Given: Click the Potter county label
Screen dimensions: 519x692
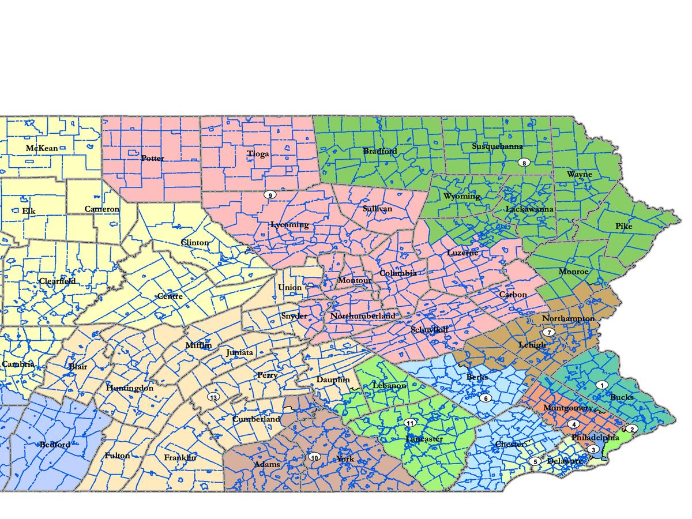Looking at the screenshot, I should point(153,158).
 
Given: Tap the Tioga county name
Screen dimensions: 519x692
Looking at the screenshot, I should point(258,154).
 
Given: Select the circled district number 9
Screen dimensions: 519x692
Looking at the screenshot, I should point(270,195).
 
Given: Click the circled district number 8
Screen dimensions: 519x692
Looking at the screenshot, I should point(524,163).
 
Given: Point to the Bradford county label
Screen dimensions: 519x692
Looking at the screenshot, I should point(380,152).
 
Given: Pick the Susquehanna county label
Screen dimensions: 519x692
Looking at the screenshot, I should point(497,146).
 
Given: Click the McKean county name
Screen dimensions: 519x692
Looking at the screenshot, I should point(42,148).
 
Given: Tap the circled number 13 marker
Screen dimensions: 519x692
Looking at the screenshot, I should point(213,397).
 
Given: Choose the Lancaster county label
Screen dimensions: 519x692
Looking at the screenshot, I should point(424,439).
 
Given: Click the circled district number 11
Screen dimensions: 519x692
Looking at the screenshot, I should point(410,423).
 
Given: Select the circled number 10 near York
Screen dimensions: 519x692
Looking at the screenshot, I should point(314,457).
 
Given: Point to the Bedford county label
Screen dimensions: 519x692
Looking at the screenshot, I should point(55,445).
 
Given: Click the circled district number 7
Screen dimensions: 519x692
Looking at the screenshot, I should point(548,332).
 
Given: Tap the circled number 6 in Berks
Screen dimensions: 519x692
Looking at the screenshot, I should point(486,398).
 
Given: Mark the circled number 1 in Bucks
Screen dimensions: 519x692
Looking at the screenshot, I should point(602,385).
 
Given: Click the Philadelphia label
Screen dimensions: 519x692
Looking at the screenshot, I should point(595,438).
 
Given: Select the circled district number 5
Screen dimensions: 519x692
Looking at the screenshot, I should point(535,461).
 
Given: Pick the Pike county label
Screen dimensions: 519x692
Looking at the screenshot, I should point(623,226).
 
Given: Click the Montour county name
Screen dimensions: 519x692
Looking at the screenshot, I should point(355,280).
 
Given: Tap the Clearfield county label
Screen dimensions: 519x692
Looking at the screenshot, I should point(57,281).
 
